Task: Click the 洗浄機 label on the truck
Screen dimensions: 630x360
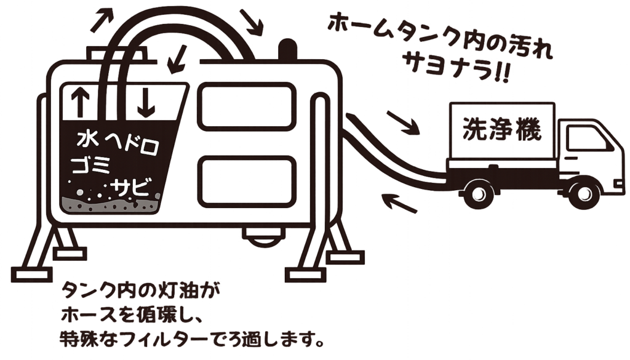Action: pyautogui.click(x=502, y=129)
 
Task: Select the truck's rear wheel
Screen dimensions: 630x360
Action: pyautogui.click(x=478, y=194)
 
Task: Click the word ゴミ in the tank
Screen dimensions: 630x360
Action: pyautogui.click(x=91, y=165)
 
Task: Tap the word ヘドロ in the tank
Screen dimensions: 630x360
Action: pyautogui.click(x=131, y=144)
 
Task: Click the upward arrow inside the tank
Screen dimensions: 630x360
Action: pyautogui.click(x=79, y=102)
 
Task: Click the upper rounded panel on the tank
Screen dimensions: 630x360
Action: pyautogui.click(x=246, y=107)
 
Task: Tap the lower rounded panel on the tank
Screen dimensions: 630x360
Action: pyautogui.click(x=246, y=181)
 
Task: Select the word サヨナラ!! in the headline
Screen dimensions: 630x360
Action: pyautogui.click(x=456, y=68)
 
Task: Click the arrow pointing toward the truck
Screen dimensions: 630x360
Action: pyautogui.click(x=403, y=122)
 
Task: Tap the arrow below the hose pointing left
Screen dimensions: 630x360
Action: pyautogui.click(x=399, y=203)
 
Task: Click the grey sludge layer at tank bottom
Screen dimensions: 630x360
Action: pyautogui.click(x=110, y=204)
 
